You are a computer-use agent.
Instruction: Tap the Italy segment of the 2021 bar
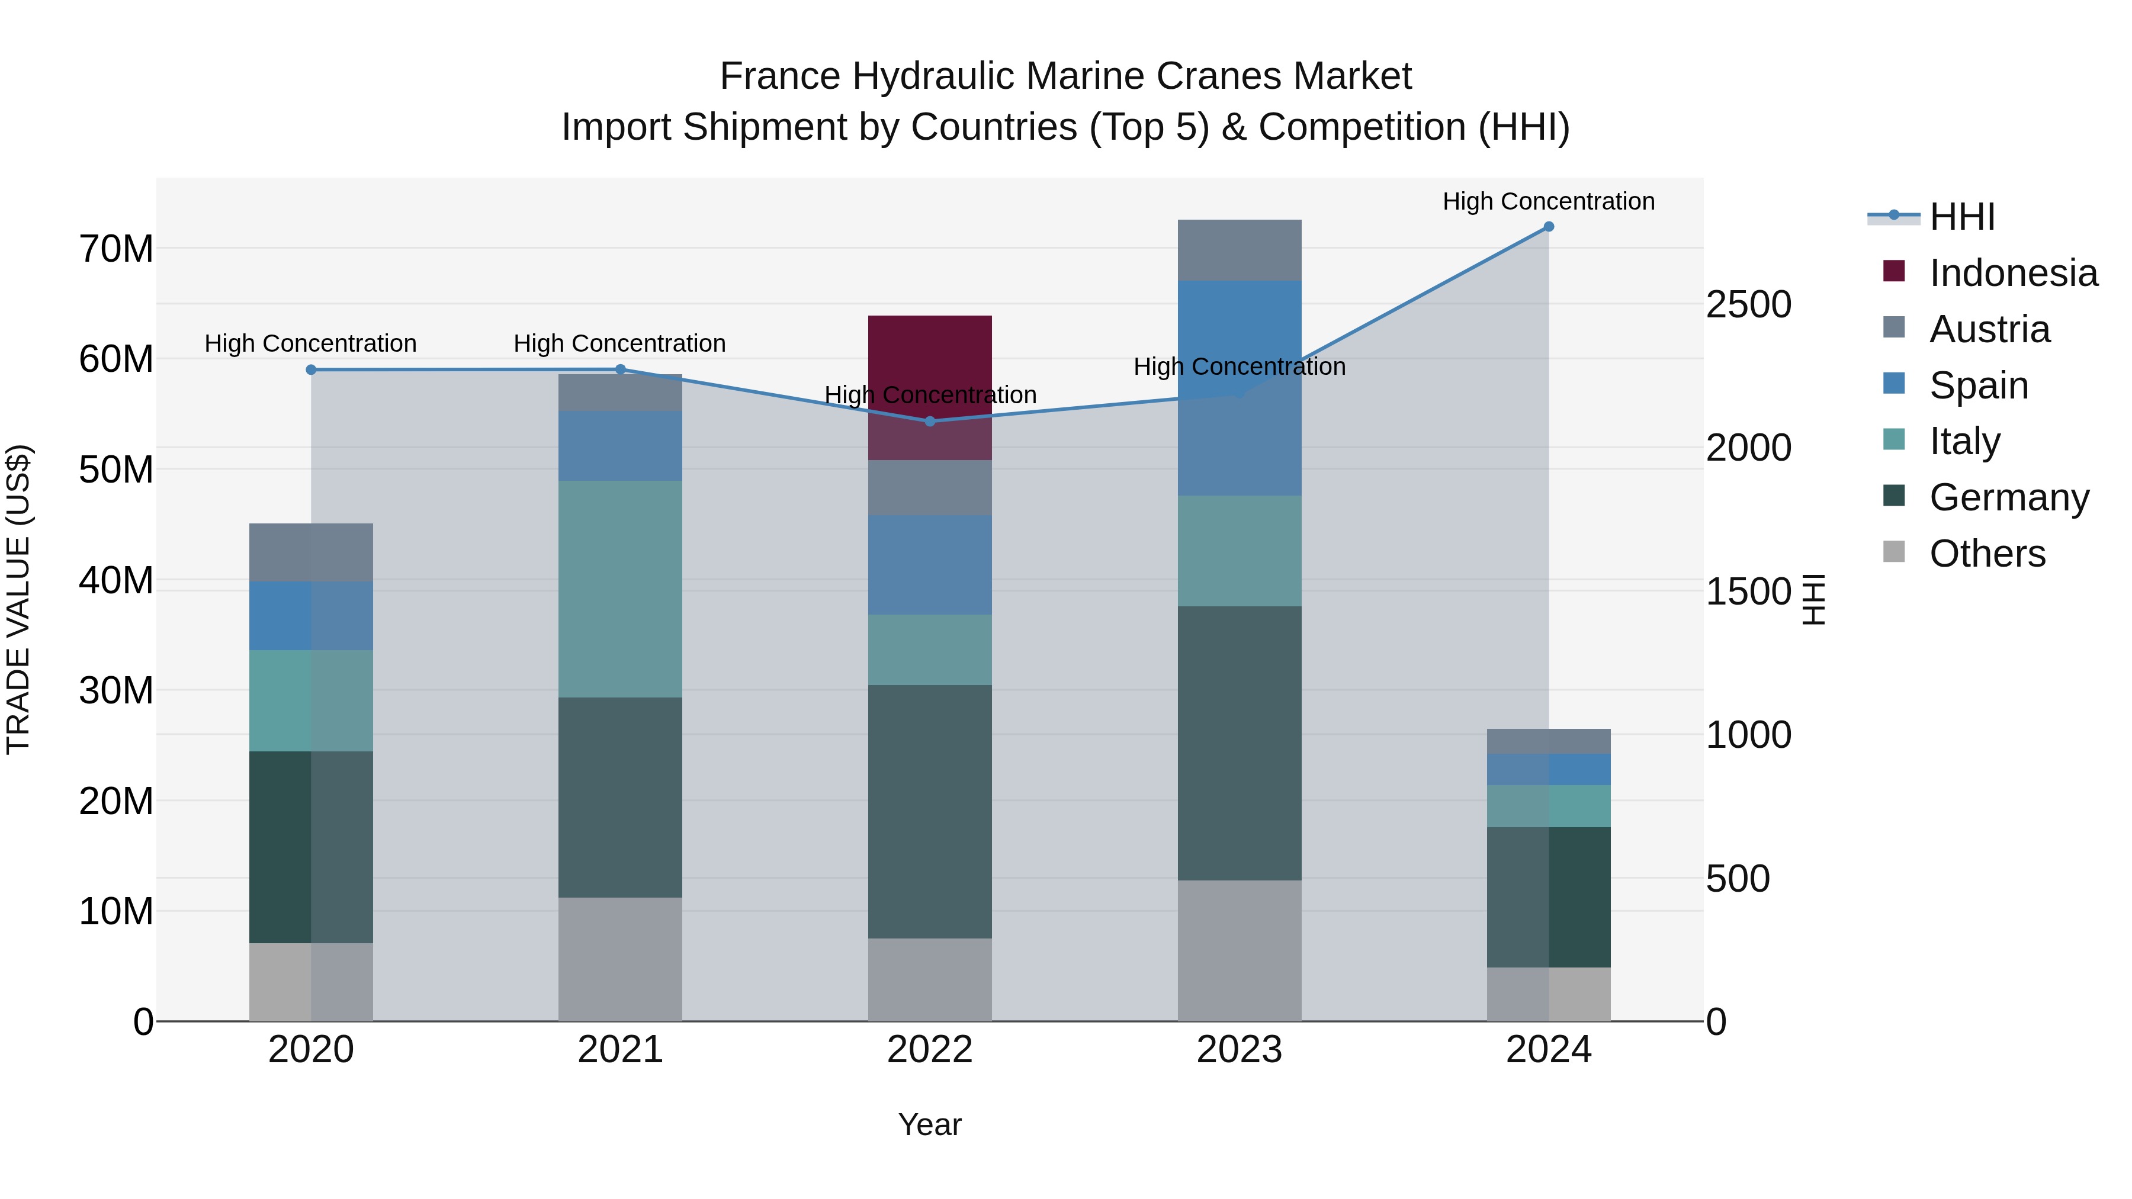[x=620, y=589]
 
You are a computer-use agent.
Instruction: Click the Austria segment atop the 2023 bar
[x=1239, y=250]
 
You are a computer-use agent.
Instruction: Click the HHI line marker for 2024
[x=1549, y=227]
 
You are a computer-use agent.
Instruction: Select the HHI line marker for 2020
[x=311, y=370]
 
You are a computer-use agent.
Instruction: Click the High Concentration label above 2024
[x=1549, y=201]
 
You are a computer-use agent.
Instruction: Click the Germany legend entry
[x=2009, y=497]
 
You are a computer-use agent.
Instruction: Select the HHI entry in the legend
[x=1961, y=217]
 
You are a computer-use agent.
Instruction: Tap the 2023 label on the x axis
[x=1239, y=1050]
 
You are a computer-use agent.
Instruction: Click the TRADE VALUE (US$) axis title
[x=18, y=599]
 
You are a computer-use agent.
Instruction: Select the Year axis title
[x=929, y=1124]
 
